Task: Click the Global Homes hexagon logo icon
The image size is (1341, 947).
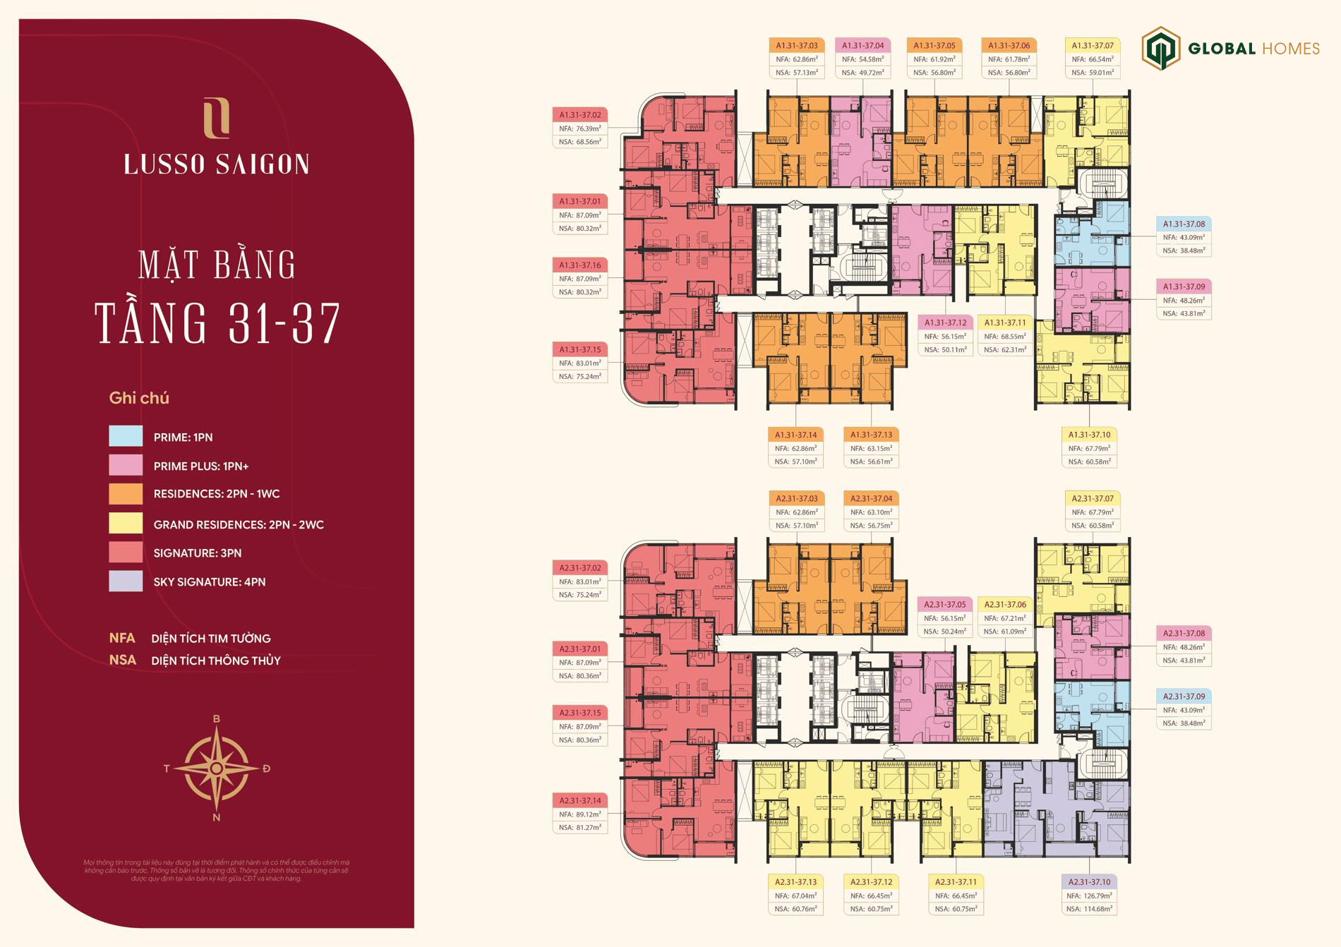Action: coord(1160,48)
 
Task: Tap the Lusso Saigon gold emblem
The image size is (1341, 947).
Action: coord(216,119)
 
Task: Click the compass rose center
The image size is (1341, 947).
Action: coord(217,768)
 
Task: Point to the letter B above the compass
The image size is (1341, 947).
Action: coord(217,719)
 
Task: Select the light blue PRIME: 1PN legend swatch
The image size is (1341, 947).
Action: coord(126,436)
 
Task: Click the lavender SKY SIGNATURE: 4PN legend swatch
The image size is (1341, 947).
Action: coord(126,581)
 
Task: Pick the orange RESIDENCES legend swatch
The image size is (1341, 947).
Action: coord(126,493)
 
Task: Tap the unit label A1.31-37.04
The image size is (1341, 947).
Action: coord(862,46)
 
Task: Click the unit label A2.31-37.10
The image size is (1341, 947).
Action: coord(1089,882)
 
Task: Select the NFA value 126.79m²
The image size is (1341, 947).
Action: coord(1089,895)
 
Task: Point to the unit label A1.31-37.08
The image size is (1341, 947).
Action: coord(1184,224)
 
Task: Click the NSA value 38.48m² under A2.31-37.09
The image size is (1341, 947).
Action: coord(1184,723)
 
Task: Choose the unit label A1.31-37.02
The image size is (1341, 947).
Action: coord(580,115)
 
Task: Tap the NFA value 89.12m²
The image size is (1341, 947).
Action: coord(580,814)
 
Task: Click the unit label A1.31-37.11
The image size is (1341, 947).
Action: coord(1005,322)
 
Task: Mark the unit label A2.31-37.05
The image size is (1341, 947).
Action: coord(944,605)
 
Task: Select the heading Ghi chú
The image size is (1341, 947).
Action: coord(139,398)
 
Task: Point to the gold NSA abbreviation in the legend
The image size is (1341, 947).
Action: coord(122,661)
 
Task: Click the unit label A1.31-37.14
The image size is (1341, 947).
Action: coord(795,435)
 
